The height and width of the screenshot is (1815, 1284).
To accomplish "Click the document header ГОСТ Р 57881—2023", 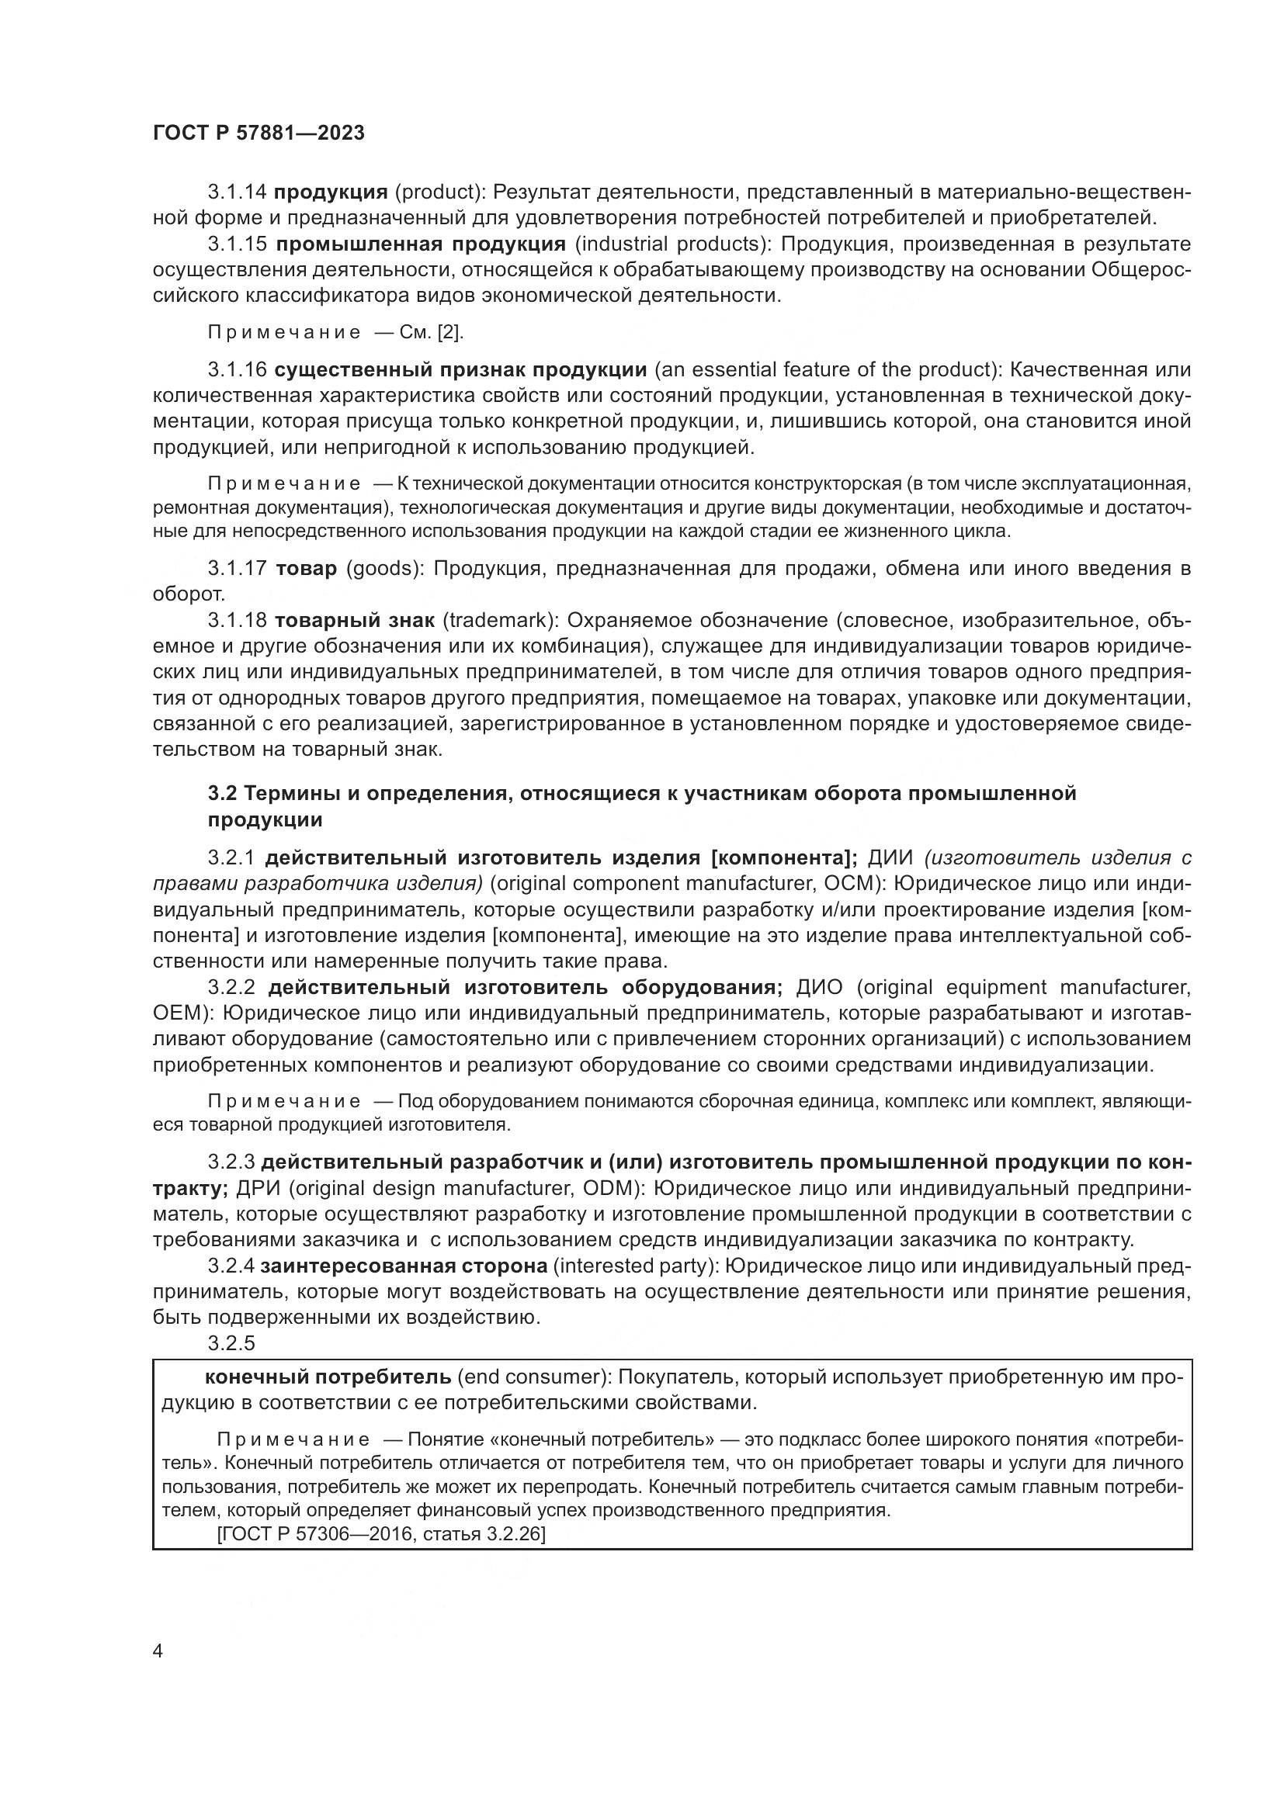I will click(x=259, y=133).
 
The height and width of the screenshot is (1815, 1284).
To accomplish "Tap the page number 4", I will click(x=158, y=1651).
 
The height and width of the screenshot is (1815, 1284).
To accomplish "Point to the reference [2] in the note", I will click(x=451, y=332).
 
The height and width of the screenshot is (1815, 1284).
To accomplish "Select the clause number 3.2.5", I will click(x=231, y=1343).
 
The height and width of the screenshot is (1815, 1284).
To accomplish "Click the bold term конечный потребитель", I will click(x=328, y=1377).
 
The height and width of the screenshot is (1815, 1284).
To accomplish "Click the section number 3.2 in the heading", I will click(x=221, y=793).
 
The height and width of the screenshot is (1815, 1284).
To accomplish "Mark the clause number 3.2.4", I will click(x=231, y=1266).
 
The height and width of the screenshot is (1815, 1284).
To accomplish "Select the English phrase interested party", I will click(x=634, y=1266).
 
